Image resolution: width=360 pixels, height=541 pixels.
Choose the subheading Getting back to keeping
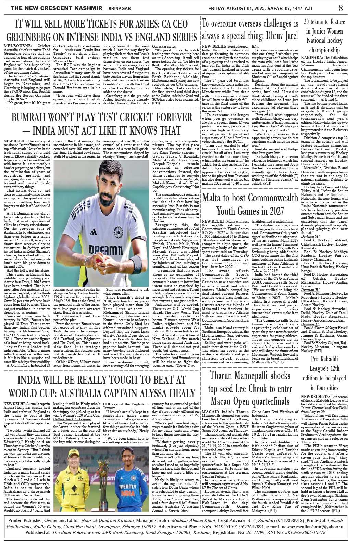[x=72, y=419]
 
